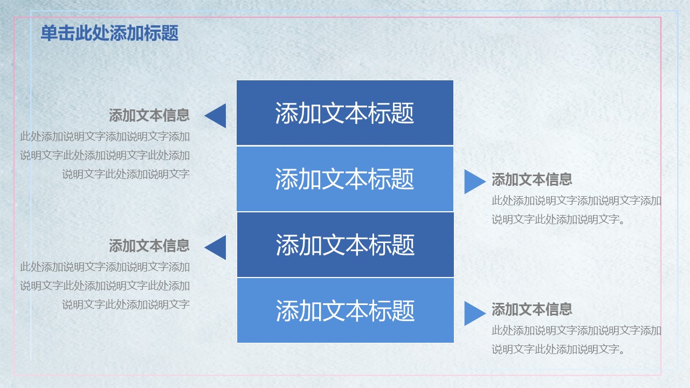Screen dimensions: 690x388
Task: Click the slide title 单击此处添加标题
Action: (109, 33)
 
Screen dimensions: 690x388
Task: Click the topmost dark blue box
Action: (345, 113)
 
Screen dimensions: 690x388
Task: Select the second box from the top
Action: (345, 179)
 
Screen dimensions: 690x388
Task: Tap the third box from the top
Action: (346, 245)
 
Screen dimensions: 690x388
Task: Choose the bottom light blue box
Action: (346, 310)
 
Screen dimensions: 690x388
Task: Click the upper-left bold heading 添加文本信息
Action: (149, 115)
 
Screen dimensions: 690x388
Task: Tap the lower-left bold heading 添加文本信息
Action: (149, 246)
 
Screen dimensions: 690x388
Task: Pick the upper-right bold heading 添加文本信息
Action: (532, 179)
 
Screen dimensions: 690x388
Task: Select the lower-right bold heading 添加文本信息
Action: (532, 309)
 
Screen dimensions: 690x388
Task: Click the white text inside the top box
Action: (344, 113)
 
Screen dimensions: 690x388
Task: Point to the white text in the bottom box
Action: (346, 311)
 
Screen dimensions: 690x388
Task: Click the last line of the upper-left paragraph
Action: (126, 174)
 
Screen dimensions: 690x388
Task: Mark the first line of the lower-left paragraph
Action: (105, 267)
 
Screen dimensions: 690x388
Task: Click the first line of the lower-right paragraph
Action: (576, 331)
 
